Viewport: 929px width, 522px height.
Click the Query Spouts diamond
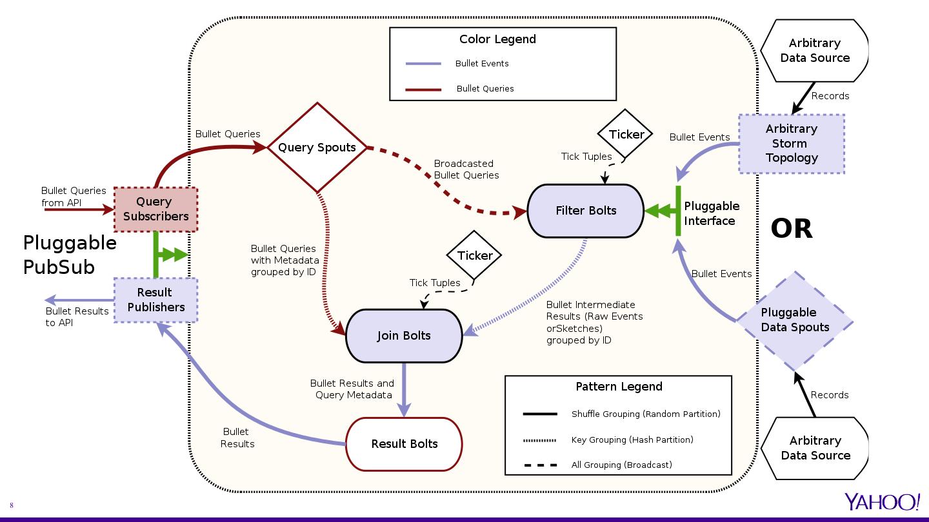(x=317, y=148)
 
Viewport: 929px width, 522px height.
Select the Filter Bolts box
(x=586, y=211)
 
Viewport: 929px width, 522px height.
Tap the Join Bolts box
(x=404, y=336)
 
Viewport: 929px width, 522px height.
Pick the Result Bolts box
(x=405, y=444)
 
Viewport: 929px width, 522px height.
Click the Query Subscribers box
(x=155, y=209)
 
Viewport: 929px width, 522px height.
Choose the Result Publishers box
(x=155, y=300)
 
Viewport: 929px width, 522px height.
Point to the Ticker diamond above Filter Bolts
(x=626, y=134)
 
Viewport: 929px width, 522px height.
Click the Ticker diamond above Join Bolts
(x=475, y=255)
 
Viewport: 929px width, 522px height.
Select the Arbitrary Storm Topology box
(x=792, y=144)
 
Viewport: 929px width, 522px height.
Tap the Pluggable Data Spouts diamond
(x=795, y=320)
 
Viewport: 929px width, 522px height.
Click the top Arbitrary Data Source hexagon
(x=815, y=50)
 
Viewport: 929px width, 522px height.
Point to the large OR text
(x=792, y=229)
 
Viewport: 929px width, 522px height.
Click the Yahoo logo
(x=883, y=502)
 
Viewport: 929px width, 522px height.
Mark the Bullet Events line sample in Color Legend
(x=423, y=64)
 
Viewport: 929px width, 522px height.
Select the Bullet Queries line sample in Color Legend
(x=423, y=89)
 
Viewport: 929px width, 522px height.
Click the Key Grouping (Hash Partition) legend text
(x=632, y=440)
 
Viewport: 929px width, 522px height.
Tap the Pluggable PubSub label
(x=70, y=255)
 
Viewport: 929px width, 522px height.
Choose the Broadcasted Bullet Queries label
(x=466, y=169)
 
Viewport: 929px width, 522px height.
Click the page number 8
(x=12, y=505)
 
